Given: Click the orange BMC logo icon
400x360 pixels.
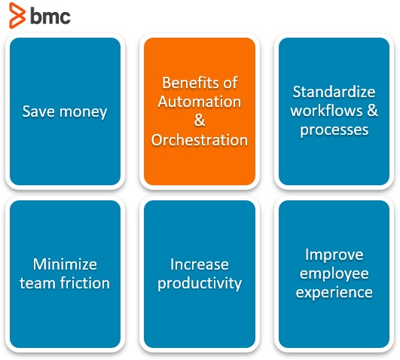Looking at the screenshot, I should pyautogui.click(x=17, y=15).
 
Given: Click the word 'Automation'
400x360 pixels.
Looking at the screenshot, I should pyautogui.click(x=200, y=102).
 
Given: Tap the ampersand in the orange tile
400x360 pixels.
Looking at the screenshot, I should pyautogui.click(x=200, y=121).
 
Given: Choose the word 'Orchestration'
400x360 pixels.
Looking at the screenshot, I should pyautogui.click(x=200, y=140).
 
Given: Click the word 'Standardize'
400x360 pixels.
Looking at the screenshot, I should pyautogui.click(x=334, y=93).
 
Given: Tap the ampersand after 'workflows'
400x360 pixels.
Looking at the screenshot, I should pyautogui.click(x=370, y=111).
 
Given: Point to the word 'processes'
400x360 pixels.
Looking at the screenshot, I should pyautogui.click(x=334, y=130).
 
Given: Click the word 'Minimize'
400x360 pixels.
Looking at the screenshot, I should pyautogui.click(x=65, y=264).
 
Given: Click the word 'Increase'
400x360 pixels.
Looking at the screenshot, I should pyautogui.click(x=200, y=264).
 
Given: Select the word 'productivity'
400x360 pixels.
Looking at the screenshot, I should pyautogui.click(x=200, y=284).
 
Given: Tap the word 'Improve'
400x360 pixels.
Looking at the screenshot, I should pyautogui.click(x=334, y=255).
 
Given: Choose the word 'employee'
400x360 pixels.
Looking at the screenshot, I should pyautogui.click(x=334, y=273).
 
